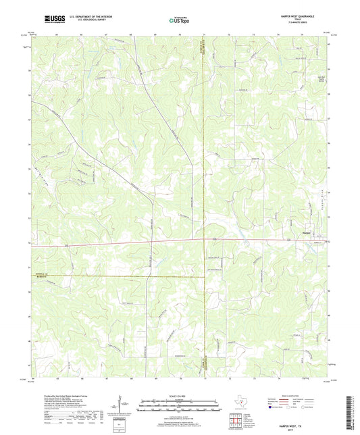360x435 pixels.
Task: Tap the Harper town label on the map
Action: coord(305,233)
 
